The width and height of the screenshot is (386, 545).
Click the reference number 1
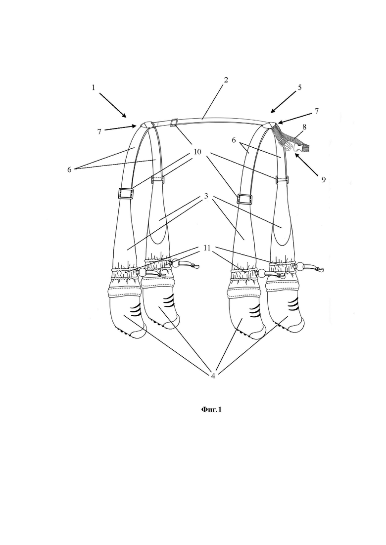(x=93, y=87)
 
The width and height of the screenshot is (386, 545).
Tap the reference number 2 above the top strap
(x=226, y=80)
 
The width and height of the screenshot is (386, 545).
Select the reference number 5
(x=300, y=87)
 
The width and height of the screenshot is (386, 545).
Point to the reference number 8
(x=304, y=127)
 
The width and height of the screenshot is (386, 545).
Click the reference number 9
(x=323, y=179)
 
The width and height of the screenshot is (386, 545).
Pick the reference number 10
(x=197, y=152)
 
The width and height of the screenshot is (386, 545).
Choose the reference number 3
(x=206, y=196)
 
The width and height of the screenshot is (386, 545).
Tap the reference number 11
(x=207, y=248)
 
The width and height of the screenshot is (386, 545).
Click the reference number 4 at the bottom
(x=213, y=376)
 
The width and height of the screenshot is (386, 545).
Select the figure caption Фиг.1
(x=211, y=410)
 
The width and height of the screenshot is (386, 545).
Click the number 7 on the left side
(x=99, y=132)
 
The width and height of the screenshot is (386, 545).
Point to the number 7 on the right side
(x=316, y=111)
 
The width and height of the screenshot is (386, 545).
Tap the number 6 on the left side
(x=69, y=169)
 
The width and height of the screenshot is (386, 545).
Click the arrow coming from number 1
(x=113, y=105)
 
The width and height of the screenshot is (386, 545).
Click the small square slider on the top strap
(x=174, y=123)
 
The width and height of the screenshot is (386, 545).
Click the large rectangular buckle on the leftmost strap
(x=126, y=193)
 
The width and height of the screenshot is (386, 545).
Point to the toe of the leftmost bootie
(x=139, y=334)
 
